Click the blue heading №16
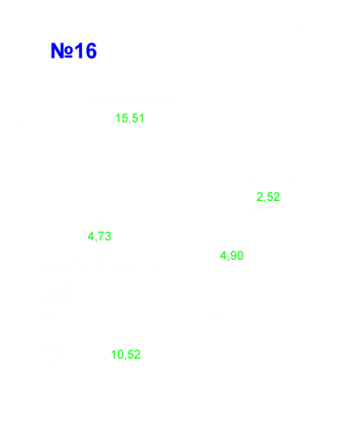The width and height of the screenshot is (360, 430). (74, 51)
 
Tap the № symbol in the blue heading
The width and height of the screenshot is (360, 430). (62, 51)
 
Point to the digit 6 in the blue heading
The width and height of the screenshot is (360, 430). (91, 51)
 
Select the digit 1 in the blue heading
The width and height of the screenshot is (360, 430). (79, 51)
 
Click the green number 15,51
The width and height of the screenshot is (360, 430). (130, 118)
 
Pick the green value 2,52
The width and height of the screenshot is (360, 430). (268, 197)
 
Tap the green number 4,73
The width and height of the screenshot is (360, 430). (99, 236)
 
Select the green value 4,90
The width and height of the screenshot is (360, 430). (232, 256)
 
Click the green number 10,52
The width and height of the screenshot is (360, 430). (126, 355)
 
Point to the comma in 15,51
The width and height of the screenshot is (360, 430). (130, 121)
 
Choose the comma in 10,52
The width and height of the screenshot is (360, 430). (126, 358)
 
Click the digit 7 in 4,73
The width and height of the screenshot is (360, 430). (101, 236)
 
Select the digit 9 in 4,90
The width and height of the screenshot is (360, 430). (233, 256)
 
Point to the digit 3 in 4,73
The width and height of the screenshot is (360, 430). (108, 236)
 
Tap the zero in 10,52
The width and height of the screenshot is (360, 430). (121, 355)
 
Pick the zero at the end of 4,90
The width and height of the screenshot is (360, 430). (240, 256)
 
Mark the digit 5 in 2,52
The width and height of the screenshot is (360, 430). (270, 197)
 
